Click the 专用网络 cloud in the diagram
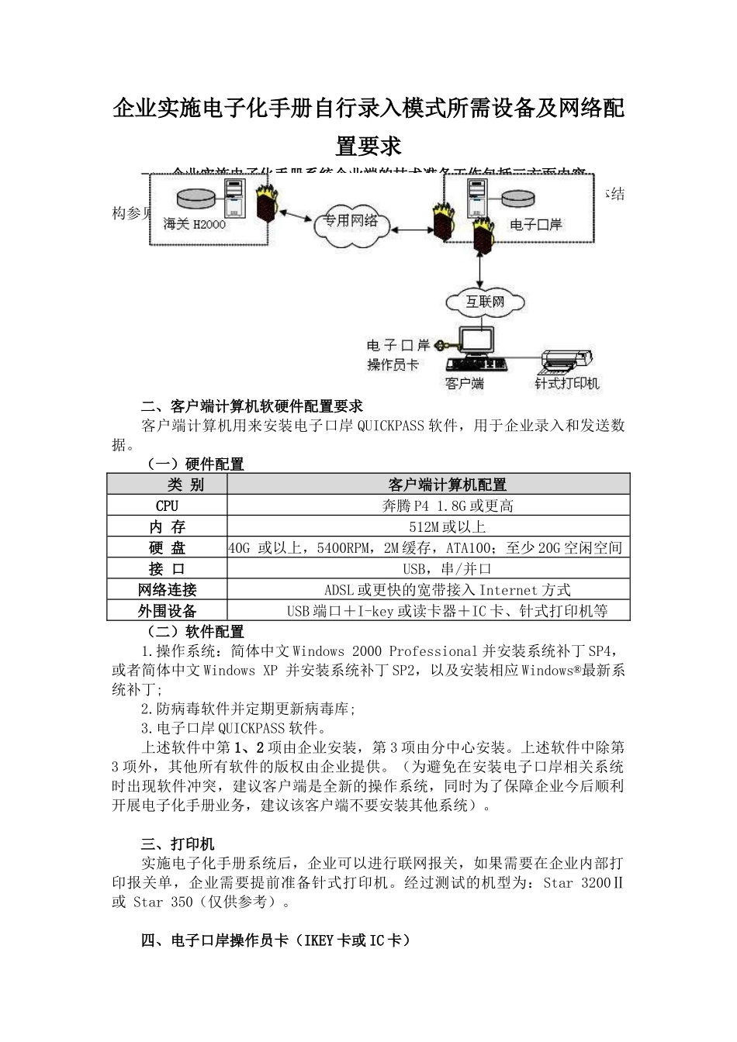(x=351, y=223)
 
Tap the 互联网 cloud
(x=484, y=302)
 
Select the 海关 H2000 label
(x=194, y=224)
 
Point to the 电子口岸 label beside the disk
(x=535, y=224)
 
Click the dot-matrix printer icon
(x=568, y=362)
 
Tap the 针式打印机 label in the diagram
(x=567, y=383)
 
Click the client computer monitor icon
(x=477, y=341)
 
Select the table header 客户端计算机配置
(x=447, y=485)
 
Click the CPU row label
(x=167, y=505)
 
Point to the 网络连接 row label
(x=167, y=590)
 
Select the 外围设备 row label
(x=167, y=611)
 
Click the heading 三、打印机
(x=178, y=844)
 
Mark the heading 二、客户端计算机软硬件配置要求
(x=252, y=406)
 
